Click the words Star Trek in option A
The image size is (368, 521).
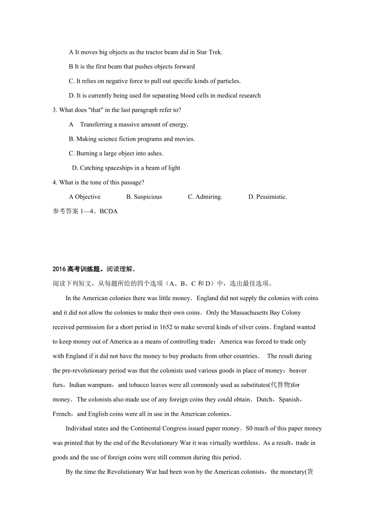coord(209,52)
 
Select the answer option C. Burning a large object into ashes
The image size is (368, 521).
coord(116,153)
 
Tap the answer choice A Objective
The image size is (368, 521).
coord(85,197)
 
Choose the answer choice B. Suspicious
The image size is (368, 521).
coord(144,197)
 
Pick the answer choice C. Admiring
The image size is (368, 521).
coord(205,197)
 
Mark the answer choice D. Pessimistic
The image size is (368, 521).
coord(268,197)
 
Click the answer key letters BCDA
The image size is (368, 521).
coord(108,211)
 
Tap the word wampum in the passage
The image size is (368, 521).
coord(103,385)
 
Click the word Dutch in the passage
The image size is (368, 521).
coord(264,399)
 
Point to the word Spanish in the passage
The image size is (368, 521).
coord(289,399)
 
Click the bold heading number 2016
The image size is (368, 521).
coord(59,269)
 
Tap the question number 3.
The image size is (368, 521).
coord(54,110)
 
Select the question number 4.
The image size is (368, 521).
coord(54,182)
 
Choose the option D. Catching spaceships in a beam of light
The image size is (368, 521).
coord(126,168)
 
